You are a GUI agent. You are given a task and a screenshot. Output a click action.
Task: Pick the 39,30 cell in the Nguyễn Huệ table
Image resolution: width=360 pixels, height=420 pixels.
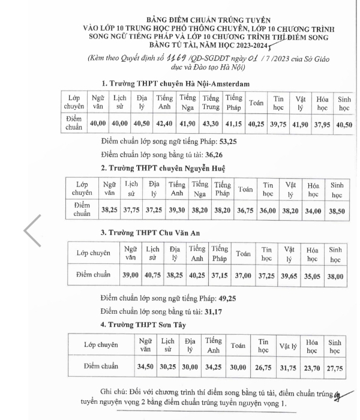pyautogui.click(x=176, y=211)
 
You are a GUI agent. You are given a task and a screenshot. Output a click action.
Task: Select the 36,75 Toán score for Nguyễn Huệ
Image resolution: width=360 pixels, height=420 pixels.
pyautogui.click(x=245, y=211)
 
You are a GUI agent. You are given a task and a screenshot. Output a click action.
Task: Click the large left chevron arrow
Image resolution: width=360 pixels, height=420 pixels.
pyautogui.click(x=32, y=230)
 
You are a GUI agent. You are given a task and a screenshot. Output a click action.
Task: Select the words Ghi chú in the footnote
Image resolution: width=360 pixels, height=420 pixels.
pyautogui.click(x=115, y=393)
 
